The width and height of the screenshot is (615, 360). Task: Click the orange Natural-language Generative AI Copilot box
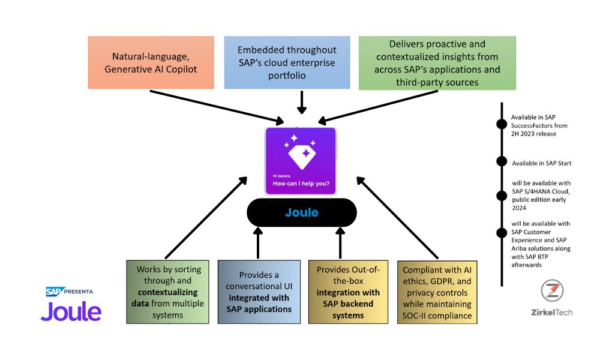pos(151,62)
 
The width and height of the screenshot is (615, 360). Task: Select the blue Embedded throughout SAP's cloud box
pos(287,62)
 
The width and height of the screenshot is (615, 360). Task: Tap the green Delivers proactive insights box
pos(437,63)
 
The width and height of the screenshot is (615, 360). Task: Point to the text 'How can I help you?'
pos(301,184)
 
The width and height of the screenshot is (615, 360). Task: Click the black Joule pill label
pos(302,212)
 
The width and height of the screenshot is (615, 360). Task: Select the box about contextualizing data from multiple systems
pos(167,292)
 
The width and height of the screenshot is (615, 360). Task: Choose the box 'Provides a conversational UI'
pos(259,292)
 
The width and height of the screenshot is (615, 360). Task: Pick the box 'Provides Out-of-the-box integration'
pos(348,292)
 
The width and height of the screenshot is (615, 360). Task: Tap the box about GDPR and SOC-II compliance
pos(437,292)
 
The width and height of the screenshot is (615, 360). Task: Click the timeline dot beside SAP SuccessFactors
pos(502,124)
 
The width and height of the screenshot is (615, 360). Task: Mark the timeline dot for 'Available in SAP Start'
pos(502,161)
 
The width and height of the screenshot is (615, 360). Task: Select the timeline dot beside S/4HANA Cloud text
pos(502,196)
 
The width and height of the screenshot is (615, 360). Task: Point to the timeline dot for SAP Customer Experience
pos(502,233)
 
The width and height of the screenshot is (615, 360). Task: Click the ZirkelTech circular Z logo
pos(552,290)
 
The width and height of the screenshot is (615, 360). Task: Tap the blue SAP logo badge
pos(55,292)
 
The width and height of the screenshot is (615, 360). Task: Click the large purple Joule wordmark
pos(71,312)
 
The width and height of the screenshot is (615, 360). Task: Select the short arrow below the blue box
pos(302,103)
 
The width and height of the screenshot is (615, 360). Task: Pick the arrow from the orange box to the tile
pos(217,107)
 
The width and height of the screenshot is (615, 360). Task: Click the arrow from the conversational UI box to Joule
pos(257,243)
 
